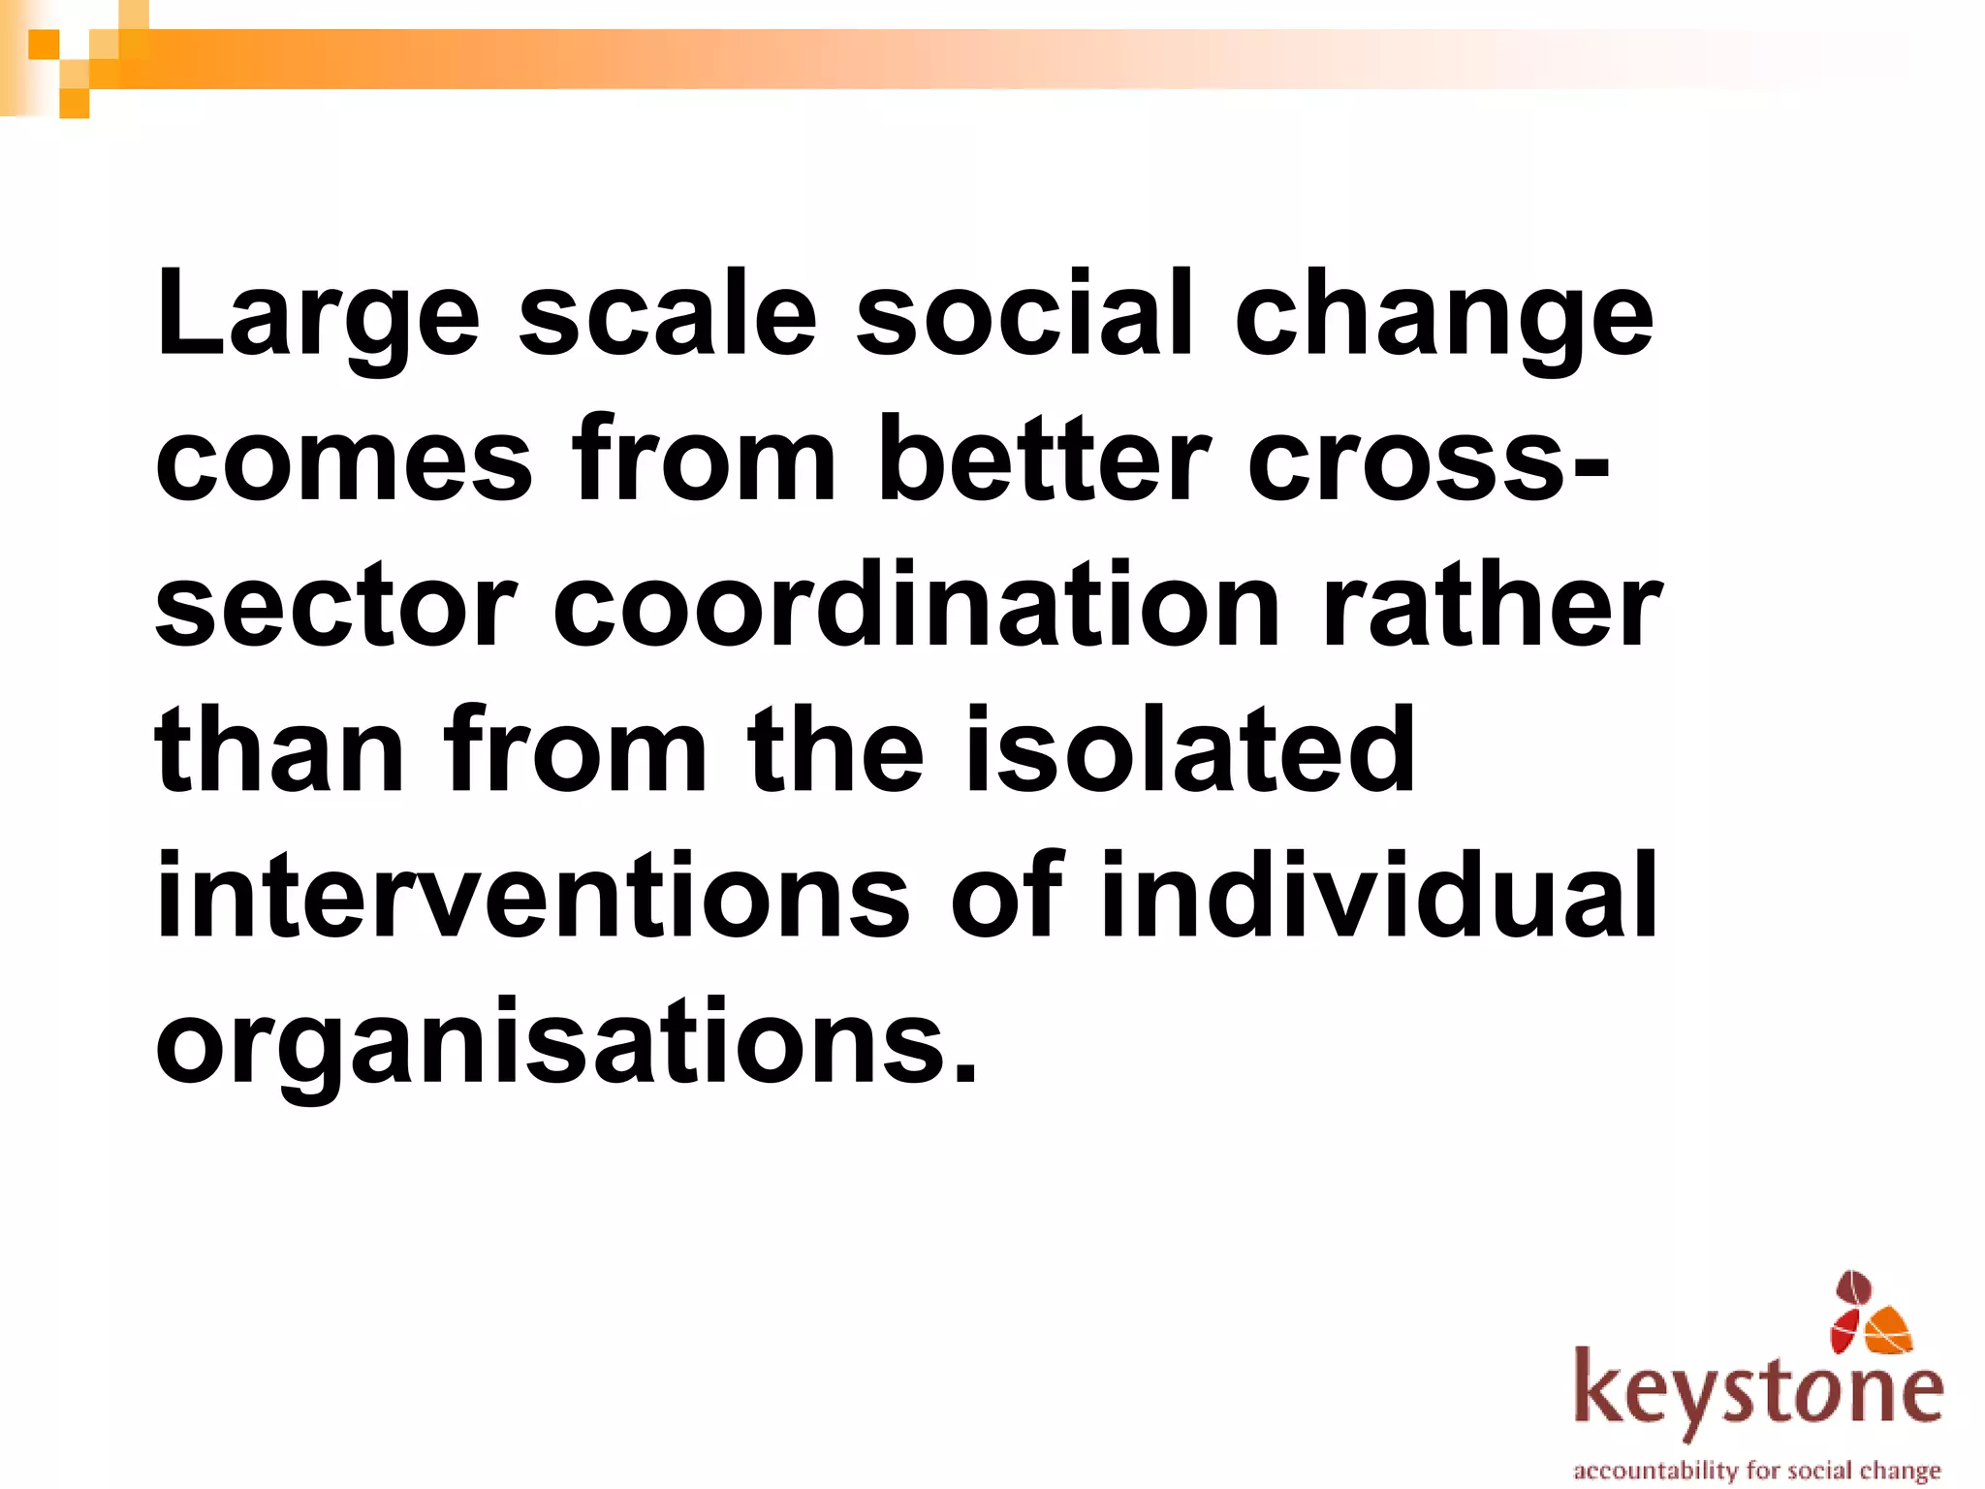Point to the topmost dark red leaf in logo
coord(1854,1288)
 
